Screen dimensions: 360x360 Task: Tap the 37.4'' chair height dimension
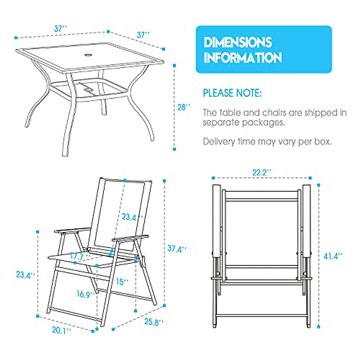click(x=177, y=249)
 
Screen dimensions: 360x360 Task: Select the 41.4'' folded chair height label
click(x=333, y=256)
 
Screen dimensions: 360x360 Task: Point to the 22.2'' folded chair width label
click(x=261, y=172)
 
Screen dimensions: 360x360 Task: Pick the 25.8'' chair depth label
click(x=154, y=322)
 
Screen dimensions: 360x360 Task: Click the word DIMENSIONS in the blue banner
click(x=238, y=42)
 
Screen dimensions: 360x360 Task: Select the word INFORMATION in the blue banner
click(x=243, y=58)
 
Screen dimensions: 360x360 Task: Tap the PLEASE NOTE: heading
click(x=232, y=93)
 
